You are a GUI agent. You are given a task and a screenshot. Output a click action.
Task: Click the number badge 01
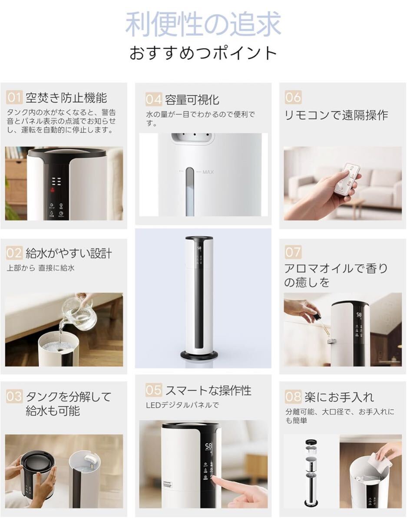[x=14, y=98]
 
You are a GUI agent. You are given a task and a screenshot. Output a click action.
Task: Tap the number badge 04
[x=154, y=99]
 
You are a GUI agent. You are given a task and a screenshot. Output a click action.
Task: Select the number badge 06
[x=293, y=97]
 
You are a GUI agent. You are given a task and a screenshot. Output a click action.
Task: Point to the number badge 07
[x=293, y=252]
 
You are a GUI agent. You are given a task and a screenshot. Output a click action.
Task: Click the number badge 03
[x=14, y=396]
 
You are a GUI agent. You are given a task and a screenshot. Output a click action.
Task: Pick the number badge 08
[x=293, y=396]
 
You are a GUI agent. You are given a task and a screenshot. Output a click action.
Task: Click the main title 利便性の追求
[x=203, y=24]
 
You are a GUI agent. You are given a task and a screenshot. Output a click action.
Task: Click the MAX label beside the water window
[x=208, y=172]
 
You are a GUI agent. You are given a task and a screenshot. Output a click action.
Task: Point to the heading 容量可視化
[x=192, y=100]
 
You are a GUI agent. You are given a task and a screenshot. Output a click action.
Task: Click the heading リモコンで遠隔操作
[x=336, y=115]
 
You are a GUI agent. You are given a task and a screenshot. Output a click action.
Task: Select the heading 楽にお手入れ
[x=339, y=397]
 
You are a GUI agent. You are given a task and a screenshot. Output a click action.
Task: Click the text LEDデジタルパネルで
[x=182, y=405]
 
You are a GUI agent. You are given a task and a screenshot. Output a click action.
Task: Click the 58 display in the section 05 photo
[x=208, y=446]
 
